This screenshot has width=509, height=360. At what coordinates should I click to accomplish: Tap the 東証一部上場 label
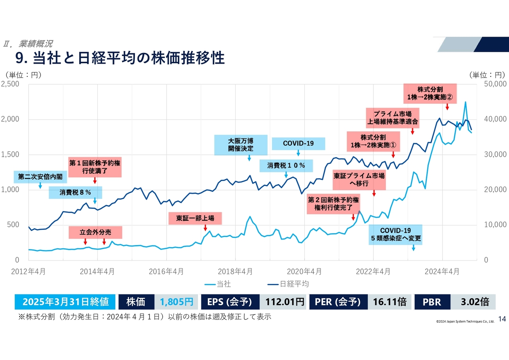[x=195, y=218]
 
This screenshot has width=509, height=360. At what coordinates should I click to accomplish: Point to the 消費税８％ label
[x=75, y=193]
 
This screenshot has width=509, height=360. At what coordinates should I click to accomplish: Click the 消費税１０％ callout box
[x=286, y=165]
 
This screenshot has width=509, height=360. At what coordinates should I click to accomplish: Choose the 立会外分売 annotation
[x=95, y=232]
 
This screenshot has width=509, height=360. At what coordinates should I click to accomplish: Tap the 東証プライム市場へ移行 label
[x=359, y=179]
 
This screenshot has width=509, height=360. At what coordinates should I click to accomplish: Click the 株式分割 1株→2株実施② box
[x=430, y=93]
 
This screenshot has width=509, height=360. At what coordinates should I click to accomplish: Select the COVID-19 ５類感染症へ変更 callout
[x=395, y=235]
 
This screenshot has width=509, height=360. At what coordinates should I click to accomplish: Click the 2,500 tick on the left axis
[x=10, y=84]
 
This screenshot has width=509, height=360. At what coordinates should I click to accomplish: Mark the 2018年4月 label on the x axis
[x=235, y=272]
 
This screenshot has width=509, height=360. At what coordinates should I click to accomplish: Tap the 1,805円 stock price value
[x=176, y=302]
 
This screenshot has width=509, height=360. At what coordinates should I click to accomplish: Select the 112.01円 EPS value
[x=282, y=302]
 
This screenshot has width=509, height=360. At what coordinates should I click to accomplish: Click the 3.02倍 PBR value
[x=474, y=302]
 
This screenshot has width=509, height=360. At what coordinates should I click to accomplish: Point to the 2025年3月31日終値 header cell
[x=66, y=302]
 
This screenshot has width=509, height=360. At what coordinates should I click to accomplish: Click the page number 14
[x=502, y=319]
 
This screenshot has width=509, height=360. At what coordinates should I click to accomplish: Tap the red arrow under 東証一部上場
[x=205, y=228]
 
